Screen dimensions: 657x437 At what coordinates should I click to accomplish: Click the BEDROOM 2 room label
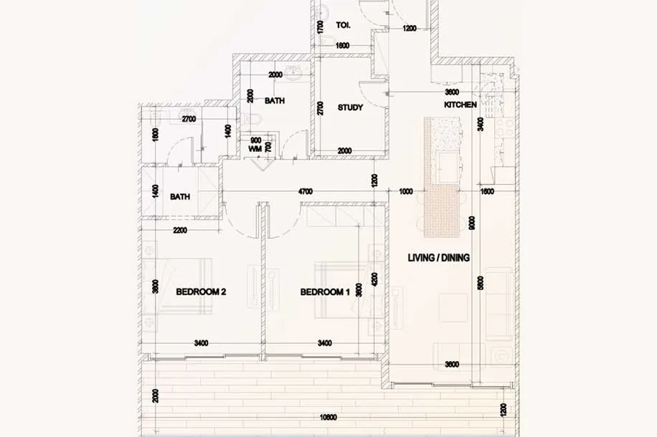tap(201, 292)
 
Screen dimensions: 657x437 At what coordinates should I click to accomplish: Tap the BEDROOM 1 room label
tap(325, 292)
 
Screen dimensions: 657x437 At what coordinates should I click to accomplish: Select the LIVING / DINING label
tap(439, 258)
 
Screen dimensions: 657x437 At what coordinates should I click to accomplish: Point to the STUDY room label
tap(350, 107)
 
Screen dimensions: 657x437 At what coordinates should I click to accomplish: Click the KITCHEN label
tap(460, 105)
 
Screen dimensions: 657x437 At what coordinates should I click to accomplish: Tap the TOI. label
tap(343, 26)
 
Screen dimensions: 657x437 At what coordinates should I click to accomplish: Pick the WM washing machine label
tap(255, 148)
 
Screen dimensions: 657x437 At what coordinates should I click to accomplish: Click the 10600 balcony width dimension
tap(328, 418)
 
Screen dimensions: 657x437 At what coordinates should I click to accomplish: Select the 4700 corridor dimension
tap(305, 192)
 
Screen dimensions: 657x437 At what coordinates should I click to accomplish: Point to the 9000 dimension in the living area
tap(472, 223)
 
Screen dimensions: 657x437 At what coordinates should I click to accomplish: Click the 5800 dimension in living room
tap(481, 283)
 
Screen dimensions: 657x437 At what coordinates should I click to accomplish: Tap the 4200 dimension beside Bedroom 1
tap(374, 279)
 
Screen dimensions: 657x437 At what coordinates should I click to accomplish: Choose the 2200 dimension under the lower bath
tap(180, 230)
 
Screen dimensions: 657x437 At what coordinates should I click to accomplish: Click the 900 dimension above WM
tap(255, 140)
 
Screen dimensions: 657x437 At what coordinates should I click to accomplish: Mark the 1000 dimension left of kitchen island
tap(406, 192)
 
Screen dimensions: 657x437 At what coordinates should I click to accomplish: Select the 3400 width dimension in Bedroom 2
tap(201, 343)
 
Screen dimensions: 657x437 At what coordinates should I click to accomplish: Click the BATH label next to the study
tap(275, 101)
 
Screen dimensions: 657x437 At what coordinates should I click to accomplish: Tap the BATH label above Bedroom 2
tap(180, 197)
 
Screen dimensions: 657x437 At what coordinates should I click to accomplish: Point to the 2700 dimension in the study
tap(321, 108)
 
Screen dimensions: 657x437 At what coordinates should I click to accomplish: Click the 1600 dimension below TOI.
tap(342, 46)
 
